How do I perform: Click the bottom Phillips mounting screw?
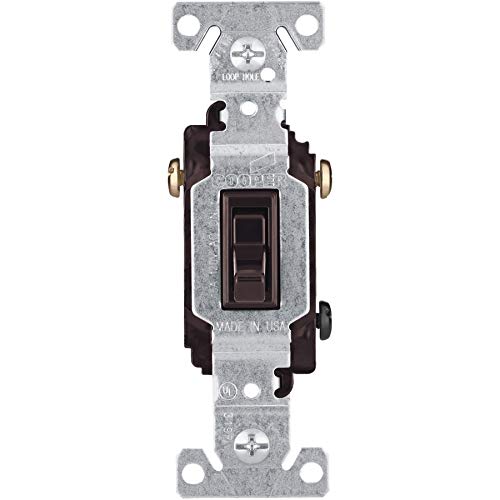(249, 454)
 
